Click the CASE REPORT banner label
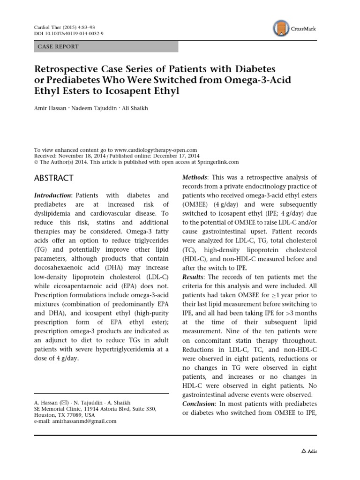(x=58, y=46)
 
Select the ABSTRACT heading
(x=54, y=178)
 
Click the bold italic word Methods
(x=195, y=177)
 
